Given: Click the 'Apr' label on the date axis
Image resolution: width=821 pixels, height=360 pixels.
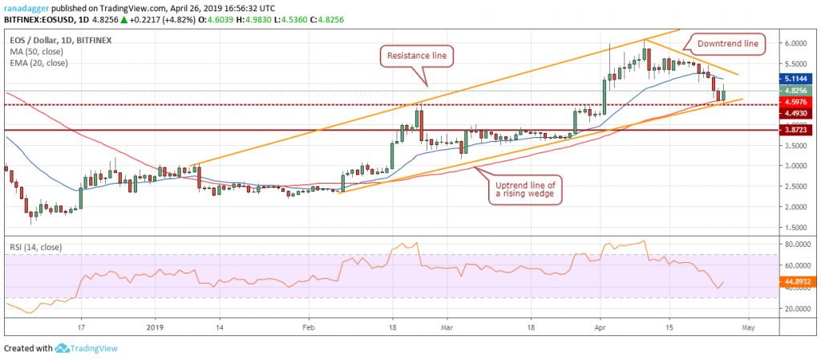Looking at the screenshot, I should click(601, 328).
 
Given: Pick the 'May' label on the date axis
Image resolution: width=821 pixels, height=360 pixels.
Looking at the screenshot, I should click(747, 328).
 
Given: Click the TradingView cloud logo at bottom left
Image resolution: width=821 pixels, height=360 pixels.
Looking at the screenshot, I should click(63, 349).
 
